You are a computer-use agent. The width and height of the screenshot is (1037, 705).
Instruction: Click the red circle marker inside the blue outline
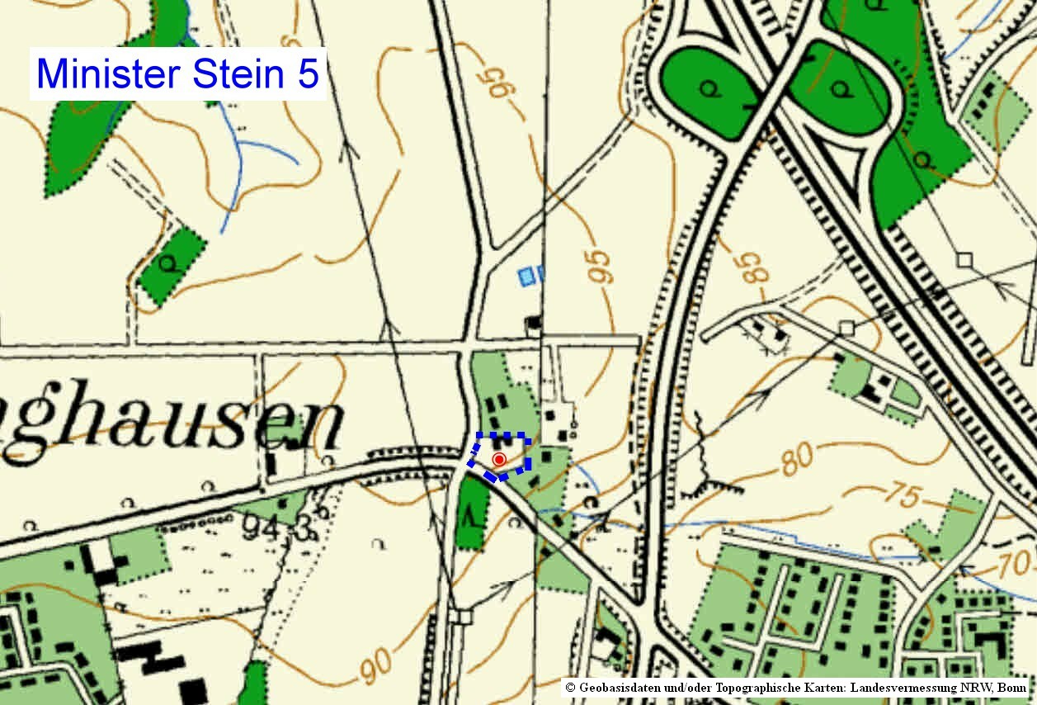pyautogui.click(x=498, y=459)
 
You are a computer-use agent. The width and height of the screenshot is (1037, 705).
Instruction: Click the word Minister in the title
pyautogui.click(x=110, y=73)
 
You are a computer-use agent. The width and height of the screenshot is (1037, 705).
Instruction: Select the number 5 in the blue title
pyautogui.click(x=307, y=73)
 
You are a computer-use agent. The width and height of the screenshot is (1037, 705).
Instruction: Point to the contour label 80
pyautogui.click(x=798, y=459)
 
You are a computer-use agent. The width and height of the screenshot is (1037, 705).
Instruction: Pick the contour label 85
pyautogui.click(x=752, y=263)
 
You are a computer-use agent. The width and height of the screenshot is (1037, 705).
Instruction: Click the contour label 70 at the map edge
pyautogui.click(x=1021, y=565)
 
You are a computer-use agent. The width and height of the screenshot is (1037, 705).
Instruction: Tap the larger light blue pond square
pyautogui.click(x=526, y=276)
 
